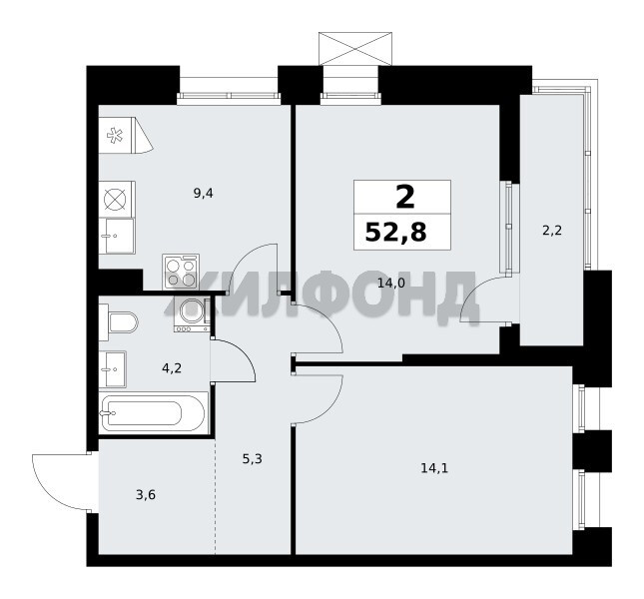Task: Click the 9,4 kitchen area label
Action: pos(204,193)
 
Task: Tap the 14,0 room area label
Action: pos(391,283)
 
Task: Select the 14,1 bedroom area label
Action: pos(434,467)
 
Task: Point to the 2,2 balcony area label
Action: pos(552,231)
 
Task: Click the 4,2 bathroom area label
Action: pos(172,368)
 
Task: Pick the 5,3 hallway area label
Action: pos(253,458)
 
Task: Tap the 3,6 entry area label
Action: pos(146,495)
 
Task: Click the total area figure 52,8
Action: pos(396,232)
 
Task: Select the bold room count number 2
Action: pos(405,197)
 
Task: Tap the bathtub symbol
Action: pos(153,413)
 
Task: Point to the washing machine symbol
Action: pos(193,314)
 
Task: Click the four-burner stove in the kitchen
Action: pos(181,272)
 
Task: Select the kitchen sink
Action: pos(117,236)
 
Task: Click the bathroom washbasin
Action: pos(113,369)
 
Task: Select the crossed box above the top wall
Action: pos(355,49)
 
